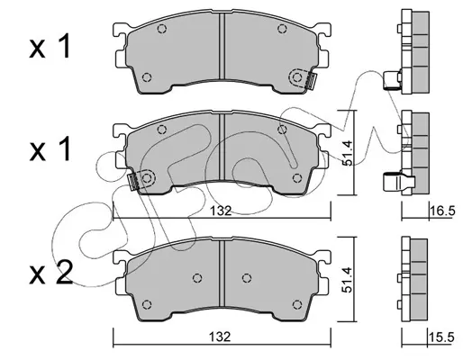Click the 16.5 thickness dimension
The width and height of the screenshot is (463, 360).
[443, 211]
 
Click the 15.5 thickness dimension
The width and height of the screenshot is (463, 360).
[441, 337]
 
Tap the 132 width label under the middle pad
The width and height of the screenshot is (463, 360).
[221, 211]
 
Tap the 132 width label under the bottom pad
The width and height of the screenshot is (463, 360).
[221, 337]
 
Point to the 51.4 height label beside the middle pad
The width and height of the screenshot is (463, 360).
[349, 153]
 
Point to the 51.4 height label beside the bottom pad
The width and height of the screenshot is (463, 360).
[349, 280]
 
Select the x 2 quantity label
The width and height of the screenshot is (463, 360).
[51, 273]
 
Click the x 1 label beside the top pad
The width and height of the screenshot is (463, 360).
[50, 46]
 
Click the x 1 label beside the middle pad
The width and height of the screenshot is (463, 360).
[50, 148]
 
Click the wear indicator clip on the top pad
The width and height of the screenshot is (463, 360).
[311, 81]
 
